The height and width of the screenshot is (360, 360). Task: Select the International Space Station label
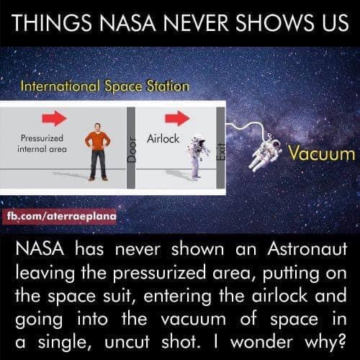pos(104,86)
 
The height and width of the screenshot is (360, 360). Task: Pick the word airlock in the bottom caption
pos(257,295)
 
